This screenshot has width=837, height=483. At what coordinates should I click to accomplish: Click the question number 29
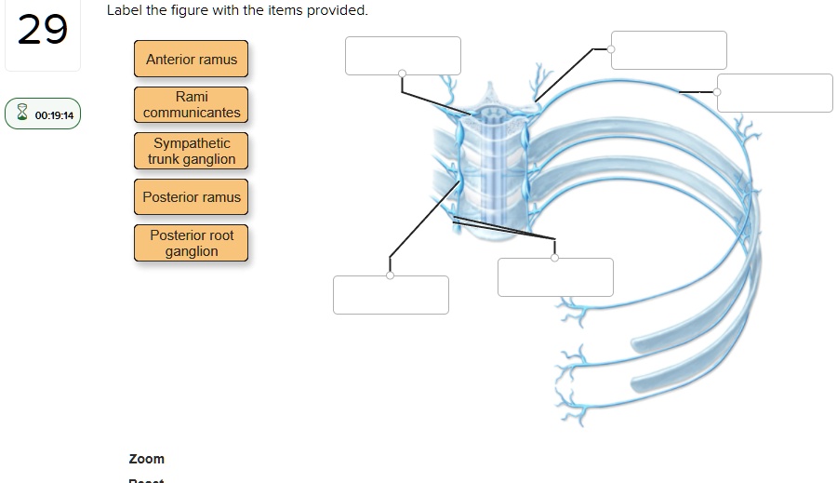point(43,30)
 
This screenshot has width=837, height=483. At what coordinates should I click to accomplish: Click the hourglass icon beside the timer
point(22,114)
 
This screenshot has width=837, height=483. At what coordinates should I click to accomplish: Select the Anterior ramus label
point(192,60)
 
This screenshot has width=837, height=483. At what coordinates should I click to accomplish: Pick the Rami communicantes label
point(192,104)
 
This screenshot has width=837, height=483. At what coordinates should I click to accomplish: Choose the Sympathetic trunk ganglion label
point(192,151)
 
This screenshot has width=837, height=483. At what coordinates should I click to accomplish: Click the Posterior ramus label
point(192,197)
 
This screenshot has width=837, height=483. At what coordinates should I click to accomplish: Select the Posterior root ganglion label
point(192,243)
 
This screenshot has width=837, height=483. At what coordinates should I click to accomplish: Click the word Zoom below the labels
point(147,459)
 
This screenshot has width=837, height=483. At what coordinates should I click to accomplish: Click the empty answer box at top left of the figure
point(403,55)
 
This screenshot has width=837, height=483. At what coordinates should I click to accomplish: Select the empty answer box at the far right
point(775,92)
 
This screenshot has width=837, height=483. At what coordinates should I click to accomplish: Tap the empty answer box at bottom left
point(391,295)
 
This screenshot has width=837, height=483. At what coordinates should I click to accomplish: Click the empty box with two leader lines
point(555,277)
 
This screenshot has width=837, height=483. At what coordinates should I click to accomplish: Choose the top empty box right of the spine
point(669,49)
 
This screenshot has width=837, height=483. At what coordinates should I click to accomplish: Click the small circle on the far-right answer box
point(717,92)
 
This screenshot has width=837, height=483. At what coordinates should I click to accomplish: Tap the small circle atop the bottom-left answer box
point(390,275)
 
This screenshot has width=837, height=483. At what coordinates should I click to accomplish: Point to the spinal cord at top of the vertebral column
point(489,116)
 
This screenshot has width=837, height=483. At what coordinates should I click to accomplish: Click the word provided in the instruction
point(340,10)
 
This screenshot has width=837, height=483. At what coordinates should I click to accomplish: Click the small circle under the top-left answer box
point(402,74)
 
